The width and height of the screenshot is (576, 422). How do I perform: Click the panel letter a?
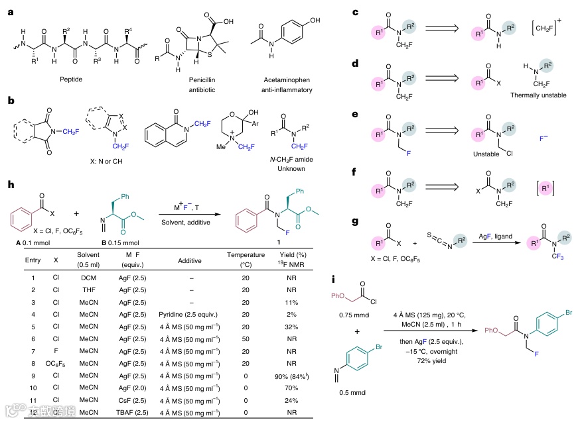(x=11, y=11)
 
